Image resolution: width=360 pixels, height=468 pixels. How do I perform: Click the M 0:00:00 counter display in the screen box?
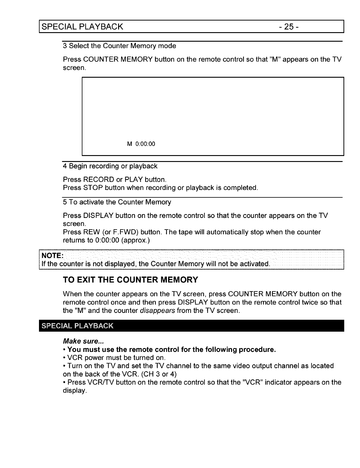(141, 144)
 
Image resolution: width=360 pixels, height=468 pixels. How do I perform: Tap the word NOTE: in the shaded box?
(52, 256)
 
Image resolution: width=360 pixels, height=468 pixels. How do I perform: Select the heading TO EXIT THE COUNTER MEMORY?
(130, 280)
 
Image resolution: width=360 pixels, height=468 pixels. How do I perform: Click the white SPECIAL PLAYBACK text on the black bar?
(77, 325)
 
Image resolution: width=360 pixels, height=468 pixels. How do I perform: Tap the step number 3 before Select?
(65, 46)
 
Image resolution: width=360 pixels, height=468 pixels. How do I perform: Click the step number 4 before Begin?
(65, 166)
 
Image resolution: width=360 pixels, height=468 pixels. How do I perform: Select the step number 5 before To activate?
(65, 202)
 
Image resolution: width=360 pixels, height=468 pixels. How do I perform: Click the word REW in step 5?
(91, 232)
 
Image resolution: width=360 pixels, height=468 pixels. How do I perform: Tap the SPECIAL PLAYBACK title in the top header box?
(82, 26)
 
